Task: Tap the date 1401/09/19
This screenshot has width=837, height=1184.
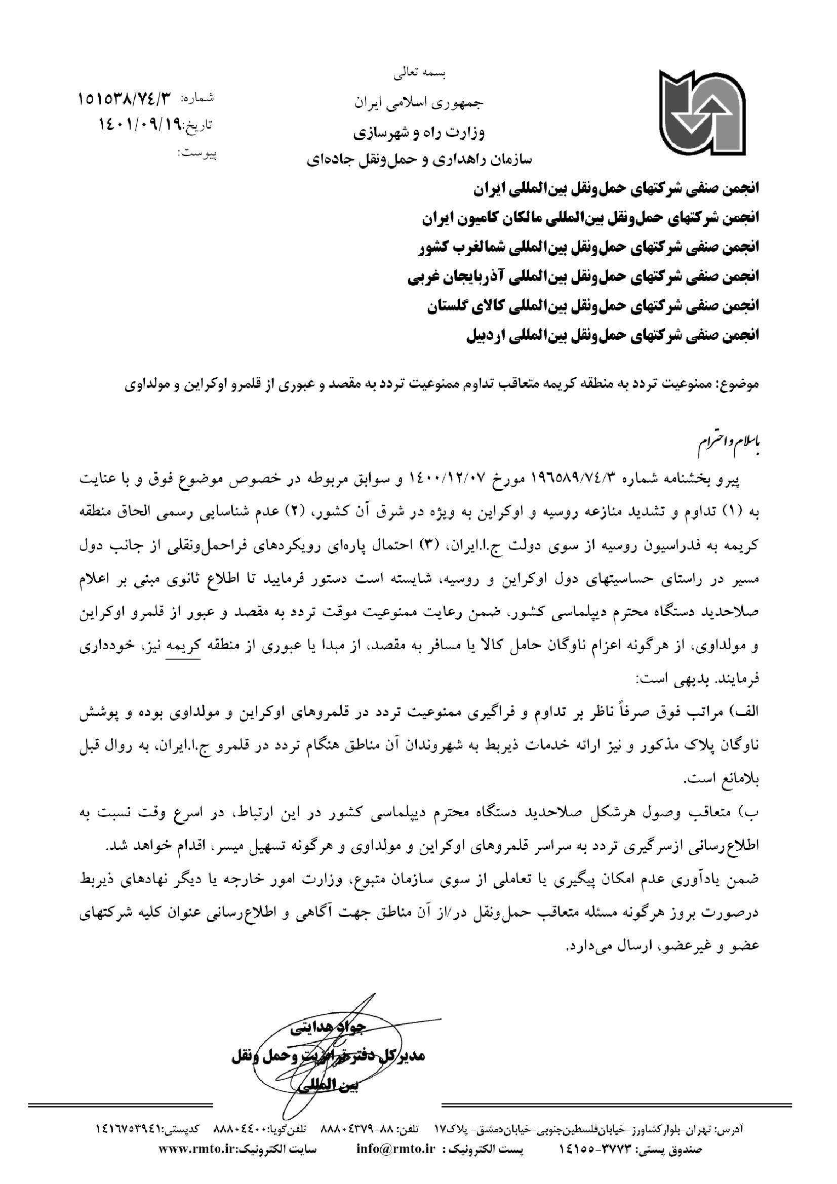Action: (x=137, y=124)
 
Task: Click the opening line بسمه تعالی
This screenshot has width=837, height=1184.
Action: (x=420, y=74)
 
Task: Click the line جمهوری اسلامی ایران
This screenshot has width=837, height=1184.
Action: (x=419, y=103)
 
